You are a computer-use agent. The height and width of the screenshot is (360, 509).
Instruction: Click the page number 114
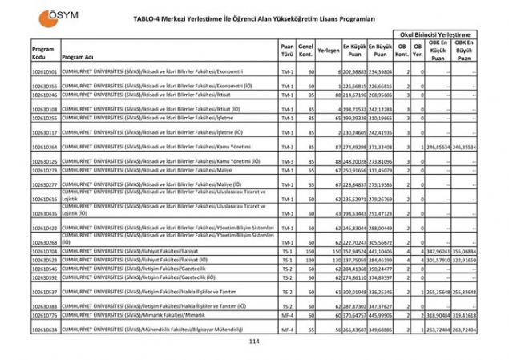click(x=254, y=342)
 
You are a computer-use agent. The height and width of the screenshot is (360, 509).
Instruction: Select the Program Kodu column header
click(x=43, y=54)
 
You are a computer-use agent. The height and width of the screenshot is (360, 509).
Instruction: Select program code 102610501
click(x=45, y=71)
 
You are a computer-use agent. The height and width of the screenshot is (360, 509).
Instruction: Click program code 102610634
click(x=45, y=330)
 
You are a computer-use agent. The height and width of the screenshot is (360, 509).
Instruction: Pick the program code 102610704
click(x=45, y=251)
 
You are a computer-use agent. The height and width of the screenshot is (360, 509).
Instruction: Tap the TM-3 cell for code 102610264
click(x=287, y=148)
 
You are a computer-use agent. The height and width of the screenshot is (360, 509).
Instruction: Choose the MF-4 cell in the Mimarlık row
click(x=287, y=316)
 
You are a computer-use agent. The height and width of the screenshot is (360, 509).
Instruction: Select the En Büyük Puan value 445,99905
click(x=381, y=316)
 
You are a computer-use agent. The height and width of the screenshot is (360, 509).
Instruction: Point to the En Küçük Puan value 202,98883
click(x=355, y=71)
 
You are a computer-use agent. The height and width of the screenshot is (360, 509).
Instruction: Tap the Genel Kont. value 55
click(x=310, y=330)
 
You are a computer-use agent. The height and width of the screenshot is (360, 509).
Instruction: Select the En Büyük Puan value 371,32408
click(x=381, y=148)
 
